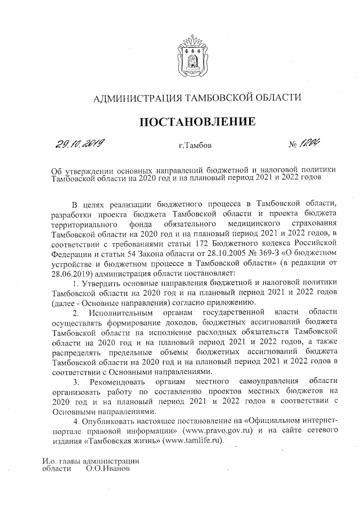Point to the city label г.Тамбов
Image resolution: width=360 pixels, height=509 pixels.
tap(195, 146)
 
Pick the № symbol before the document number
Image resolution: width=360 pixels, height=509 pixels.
tap(293, 146)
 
